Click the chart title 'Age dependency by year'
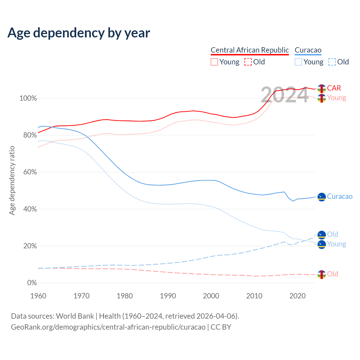(79, 33)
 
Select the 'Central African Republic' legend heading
(250, 50)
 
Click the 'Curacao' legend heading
(308, 50)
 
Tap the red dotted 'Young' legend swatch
(214, 62)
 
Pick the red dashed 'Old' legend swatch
(248, 62)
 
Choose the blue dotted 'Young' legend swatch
(298, 62)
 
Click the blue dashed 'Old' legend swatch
(332, 62)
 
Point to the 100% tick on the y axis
(28, 98)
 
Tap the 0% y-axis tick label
(32, 283)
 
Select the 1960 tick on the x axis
(38, 296)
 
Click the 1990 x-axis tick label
(168, 296)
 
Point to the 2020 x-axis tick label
(298, 296)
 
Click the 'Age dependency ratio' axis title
(12, 180)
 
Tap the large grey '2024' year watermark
(285, 95)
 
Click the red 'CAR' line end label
(334, 88)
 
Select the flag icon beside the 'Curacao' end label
(321, 197)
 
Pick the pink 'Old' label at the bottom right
(332, 274)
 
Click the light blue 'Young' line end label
(336, 244)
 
